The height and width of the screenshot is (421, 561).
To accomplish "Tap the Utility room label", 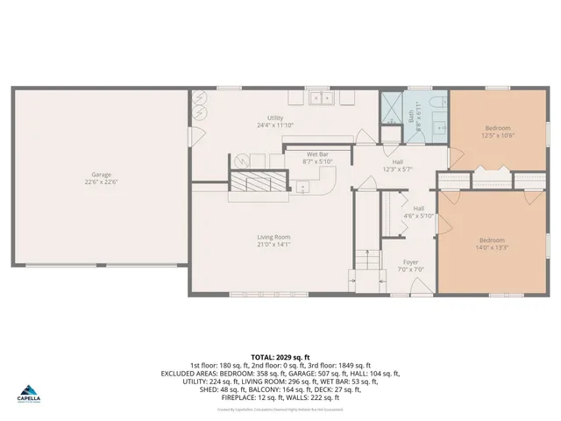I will point(275,118).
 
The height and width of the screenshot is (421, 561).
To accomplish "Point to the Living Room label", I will point(274,237).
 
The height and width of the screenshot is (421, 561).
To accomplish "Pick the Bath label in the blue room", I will point(411,113).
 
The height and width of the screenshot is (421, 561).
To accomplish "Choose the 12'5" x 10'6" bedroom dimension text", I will point(497,134).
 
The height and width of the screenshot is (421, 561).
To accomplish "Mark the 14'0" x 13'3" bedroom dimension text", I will point(491,248).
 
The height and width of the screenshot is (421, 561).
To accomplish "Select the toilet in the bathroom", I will point(429,103).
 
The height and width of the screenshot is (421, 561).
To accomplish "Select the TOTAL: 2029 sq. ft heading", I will point(280,357).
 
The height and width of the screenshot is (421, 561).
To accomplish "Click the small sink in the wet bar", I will point(302,186).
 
